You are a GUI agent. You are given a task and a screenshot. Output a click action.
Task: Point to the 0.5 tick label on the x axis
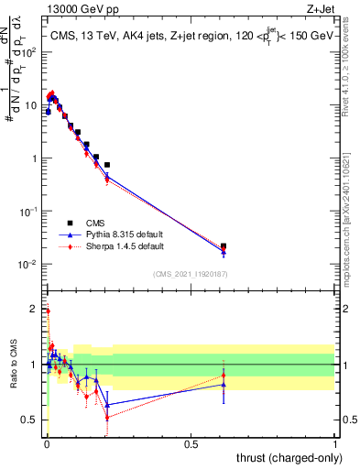tap(191, 442)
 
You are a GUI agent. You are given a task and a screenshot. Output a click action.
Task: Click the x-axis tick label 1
tap(335, 442)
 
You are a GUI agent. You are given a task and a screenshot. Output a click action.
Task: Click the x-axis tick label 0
tap(46, 442)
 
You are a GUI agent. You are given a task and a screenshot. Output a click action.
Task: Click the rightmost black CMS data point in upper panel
tap(224, 246)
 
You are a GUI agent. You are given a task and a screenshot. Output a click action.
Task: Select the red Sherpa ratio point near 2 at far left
tap(48, 311)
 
